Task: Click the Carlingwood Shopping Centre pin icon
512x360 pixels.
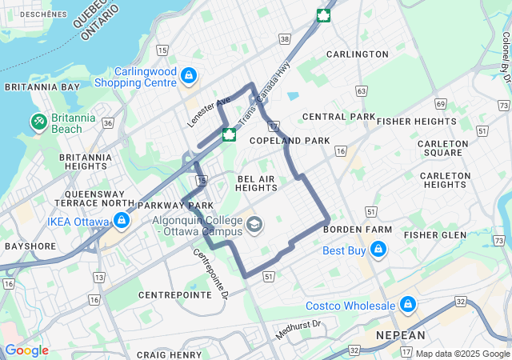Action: (x=189, y=76)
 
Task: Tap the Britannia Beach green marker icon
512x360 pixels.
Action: (x=38, y=122)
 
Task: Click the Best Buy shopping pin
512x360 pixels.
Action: (x=378, y=251)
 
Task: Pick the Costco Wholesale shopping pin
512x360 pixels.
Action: (x=408, y=306)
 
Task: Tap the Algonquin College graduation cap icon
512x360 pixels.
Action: (x=254, y=226)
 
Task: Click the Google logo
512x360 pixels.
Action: (x=26, y=350)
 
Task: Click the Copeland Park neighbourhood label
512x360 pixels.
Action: (x=290, y=141)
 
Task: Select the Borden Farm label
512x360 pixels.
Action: (x=358, y=230)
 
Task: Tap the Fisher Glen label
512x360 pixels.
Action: (x=434, y=235)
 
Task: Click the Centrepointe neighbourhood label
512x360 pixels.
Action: (x=175, y=294)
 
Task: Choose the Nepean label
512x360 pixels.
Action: (x=401, y=334)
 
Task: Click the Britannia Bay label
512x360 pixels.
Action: (x=42, y=86)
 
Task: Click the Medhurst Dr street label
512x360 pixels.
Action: (x=298, y=329)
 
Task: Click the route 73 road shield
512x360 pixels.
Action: (x=500, y=241)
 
